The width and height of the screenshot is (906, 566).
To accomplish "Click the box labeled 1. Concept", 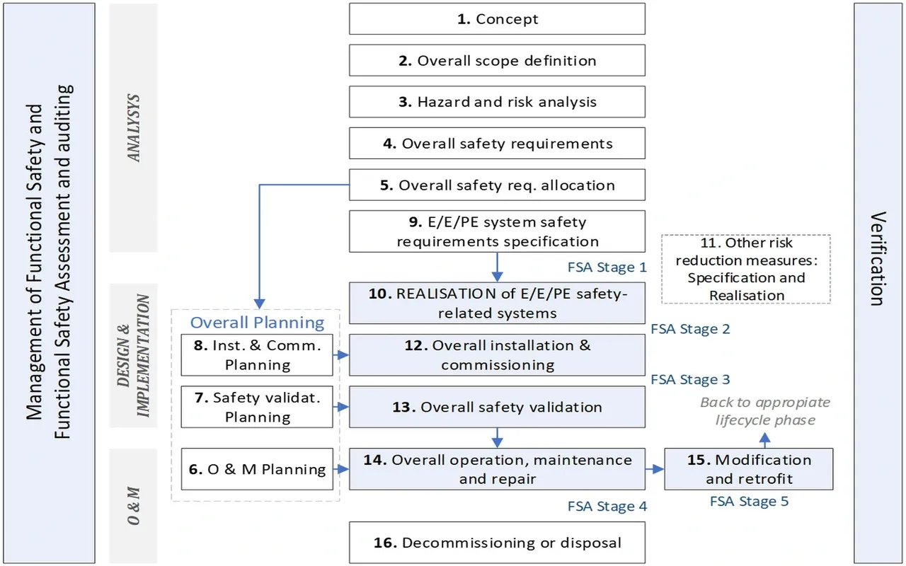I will [497, 19].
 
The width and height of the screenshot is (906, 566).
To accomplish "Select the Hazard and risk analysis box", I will [497, 102].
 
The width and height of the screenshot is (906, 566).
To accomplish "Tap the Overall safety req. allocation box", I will [497, 185].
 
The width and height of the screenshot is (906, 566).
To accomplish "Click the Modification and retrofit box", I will [748, 469].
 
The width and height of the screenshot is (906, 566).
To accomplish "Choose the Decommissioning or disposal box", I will [497, 543].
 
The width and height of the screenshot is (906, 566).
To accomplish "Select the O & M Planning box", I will [257, 469].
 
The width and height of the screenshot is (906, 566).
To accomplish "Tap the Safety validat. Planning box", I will [257, 408].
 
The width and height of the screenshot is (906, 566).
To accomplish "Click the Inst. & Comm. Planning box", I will [257, 355].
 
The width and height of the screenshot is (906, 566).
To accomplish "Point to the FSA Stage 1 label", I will [607, 267].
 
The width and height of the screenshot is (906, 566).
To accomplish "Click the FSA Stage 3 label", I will [690, 380].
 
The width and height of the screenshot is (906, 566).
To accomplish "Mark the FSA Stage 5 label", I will [749, 502].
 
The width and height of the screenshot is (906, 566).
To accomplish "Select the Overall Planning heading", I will [257, 323].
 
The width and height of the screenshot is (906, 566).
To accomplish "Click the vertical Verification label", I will [878, 258].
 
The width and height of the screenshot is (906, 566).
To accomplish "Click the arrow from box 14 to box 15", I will [655, 469].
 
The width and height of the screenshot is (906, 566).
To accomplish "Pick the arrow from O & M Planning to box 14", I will [341, 469].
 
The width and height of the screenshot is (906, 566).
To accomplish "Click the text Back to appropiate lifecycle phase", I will [765, 411].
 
